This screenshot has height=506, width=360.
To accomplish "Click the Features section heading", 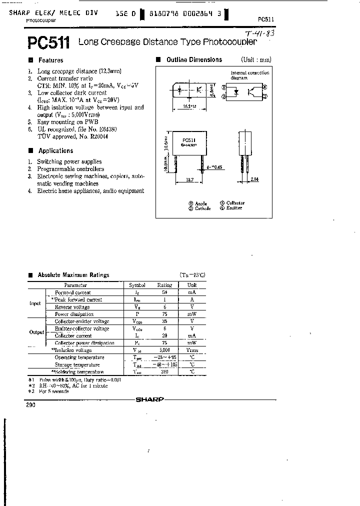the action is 50,60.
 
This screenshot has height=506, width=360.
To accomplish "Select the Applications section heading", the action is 55,150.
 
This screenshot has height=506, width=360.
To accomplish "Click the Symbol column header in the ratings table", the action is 137,285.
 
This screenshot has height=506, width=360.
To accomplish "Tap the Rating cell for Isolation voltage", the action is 164,350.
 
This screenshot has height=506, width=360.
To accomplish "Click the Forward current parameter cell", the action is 72,292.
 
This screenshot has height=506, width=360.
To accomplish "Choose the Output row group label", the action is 36,332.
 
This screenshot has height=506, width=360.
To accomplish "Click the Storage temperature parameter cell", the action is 79,364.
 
